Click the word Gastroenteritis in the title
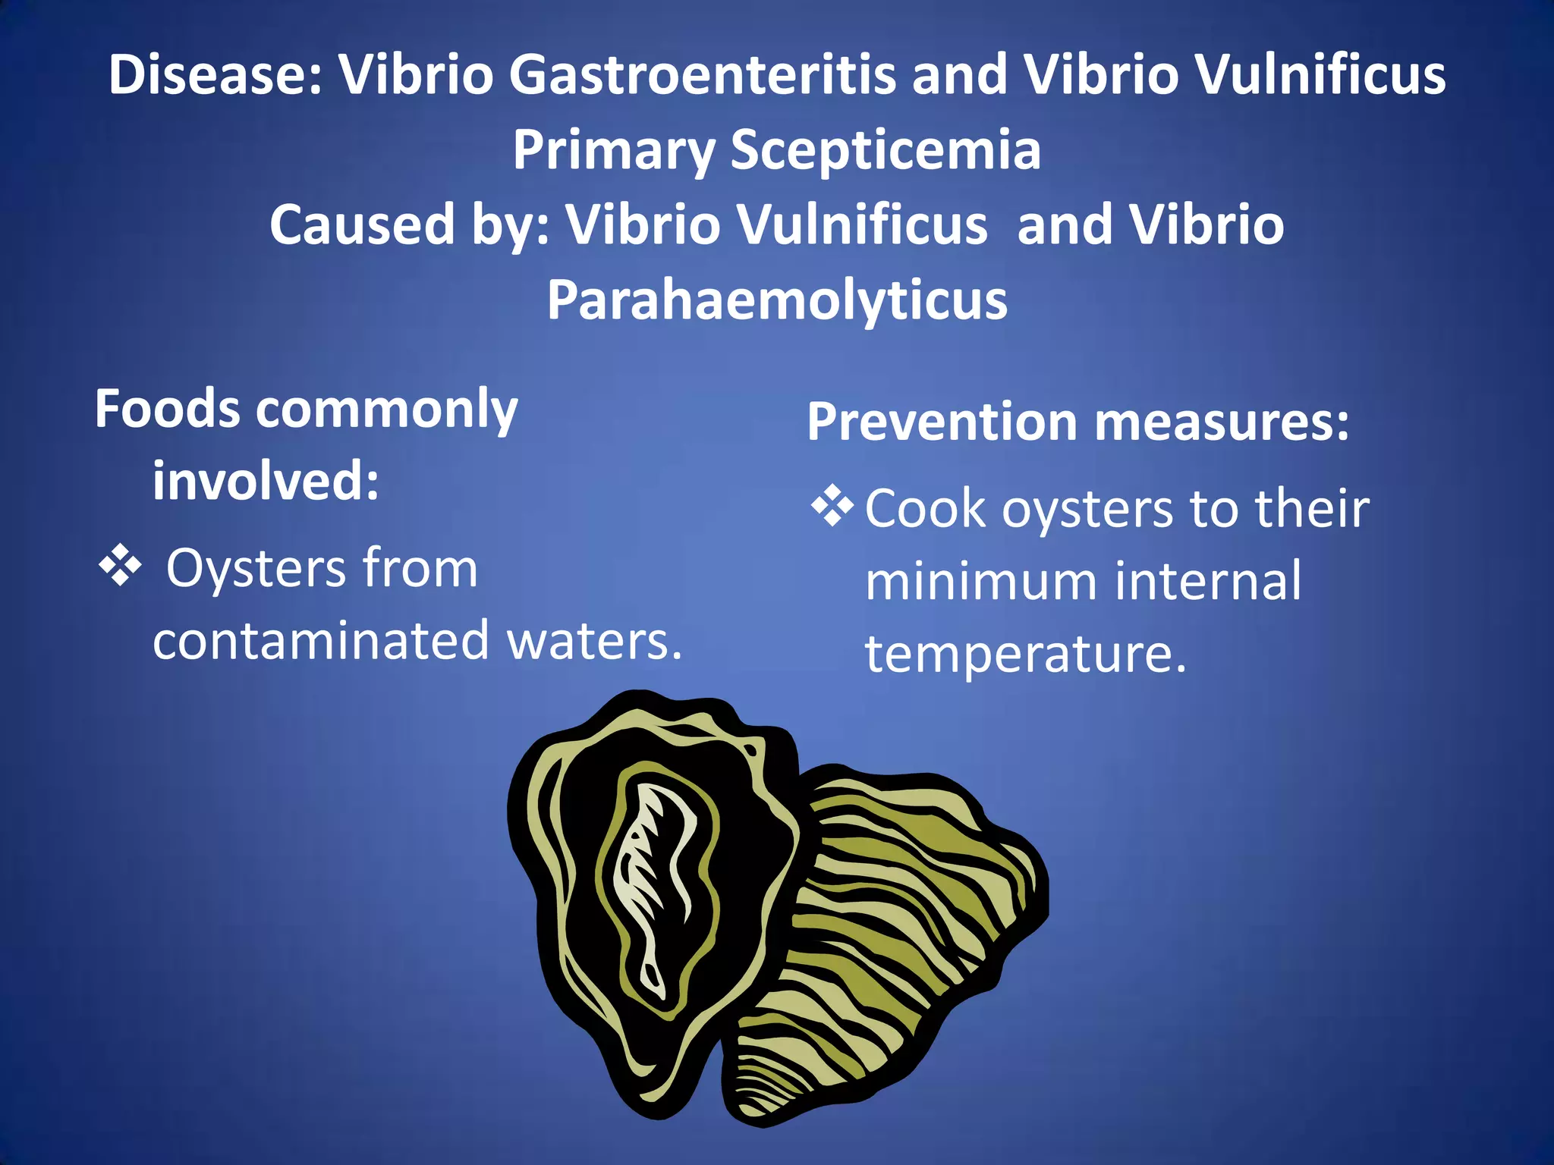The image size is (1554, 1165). pos(702,76)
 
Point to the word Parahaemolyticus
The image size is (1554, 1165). pos(777,300)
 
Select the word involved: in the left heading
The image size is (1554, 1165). pos(266,482)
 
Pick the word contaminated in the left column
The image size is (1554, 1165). pos(320,641)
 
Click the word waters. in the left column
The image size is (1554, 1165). pos(594,641)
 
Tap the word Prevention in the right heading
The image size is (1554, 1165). pos(942,422)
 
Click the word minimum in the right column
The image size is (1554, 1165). pos(981,581)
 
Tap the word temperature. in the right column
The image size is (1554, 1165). pos(1025,654)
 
